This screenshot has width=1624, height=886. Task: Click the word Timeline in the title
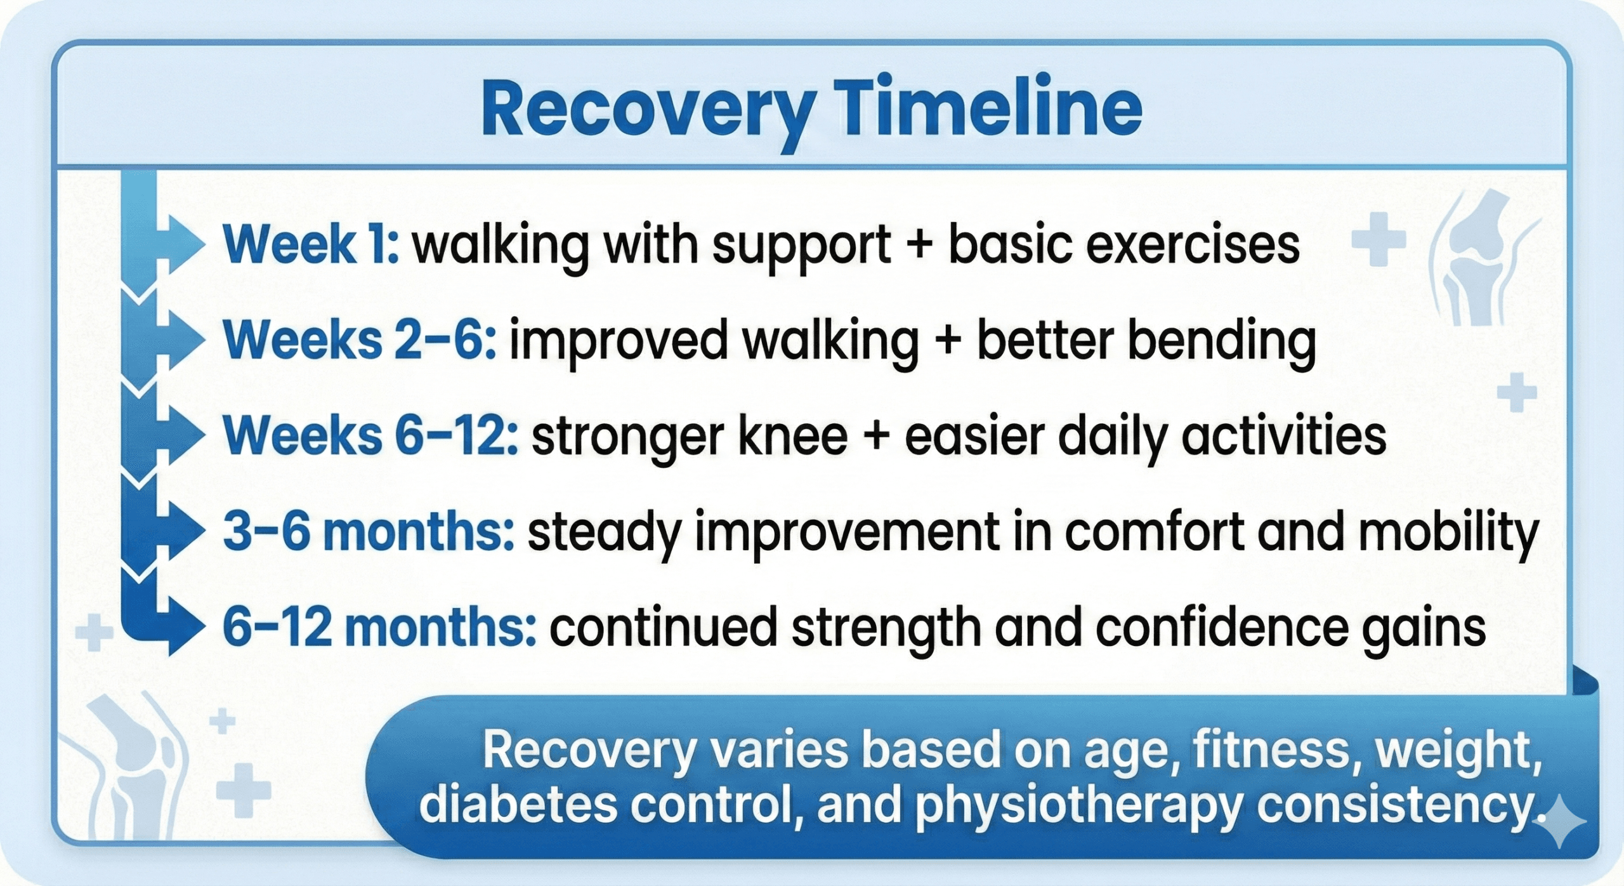990,109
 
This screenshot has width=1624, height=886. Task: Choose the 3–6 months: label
368,532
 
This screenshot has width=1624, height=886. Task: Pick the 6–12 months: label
379,627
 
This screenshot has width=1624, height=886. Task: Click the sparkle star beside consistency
1561,822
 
